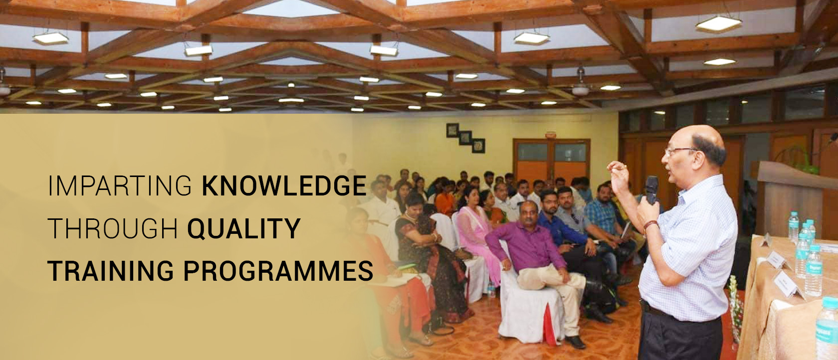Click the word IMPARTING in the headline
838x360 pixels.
(120, 185)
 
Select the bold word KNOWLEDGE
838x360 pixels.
(284, 185)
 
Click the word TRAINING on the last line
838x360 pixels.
(110, 271)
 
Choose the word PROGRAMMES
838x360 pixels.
(278, 271)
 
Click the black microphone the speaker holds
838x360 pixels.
(651, 189)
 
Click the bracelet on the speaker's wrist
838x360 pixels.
(650, 225)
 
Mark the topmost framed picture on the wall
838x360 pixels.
(452, 130)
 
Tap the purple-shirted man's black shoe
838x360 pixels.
(575, 342)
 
